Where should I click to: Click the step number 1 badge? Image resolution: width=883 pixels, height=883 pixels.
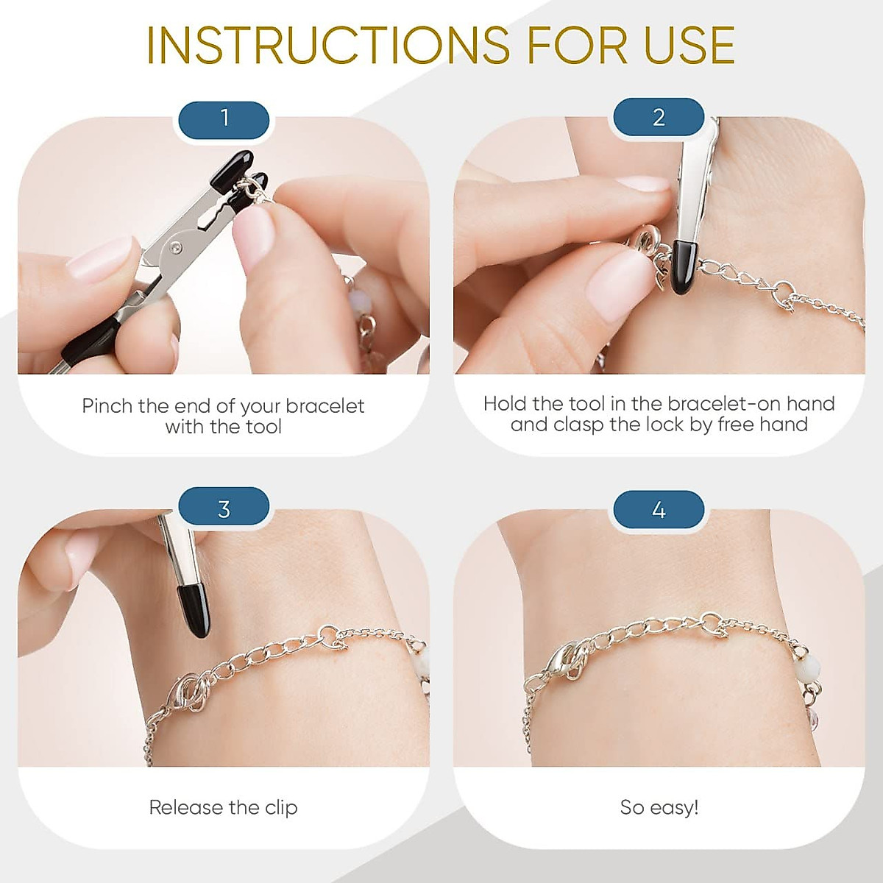[224, 118]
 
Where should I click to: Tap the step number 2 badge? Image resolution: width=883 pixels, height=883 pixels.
[659, 118]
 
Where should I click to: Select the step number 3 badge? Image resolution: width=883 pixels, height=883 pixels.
[224, 508]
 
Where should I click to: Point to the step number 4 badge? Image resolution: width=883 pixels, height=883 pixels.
[659, 510]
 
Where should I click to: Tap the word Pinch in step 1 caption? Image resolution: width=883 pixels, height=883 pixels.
[107, 406]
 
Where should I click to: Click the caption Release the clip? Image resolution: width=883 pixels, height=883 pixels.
[223, 807]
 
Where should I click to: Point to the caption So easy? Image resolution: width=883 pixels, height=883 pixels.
[659, 807]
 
